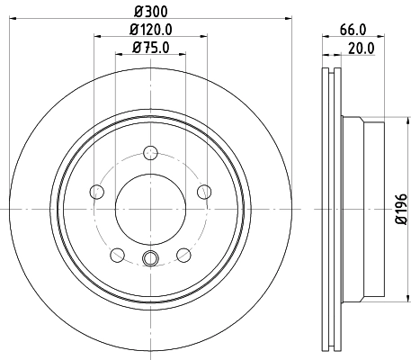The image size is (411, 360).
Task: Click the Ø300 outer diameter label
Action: tap(149, 10)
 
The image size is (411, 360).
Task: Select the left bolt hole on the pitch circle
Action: tap(97, 191)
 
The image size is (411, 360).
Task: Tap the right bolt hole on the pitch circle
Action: tap(204, 191)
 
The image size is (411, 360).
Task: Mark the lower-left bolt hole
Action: tap(117, 254)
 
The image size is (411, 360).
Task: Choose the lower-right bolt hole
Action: tap(183, 254)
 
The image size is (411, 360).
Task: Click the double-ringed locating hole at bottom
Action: tap(150, 262)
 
